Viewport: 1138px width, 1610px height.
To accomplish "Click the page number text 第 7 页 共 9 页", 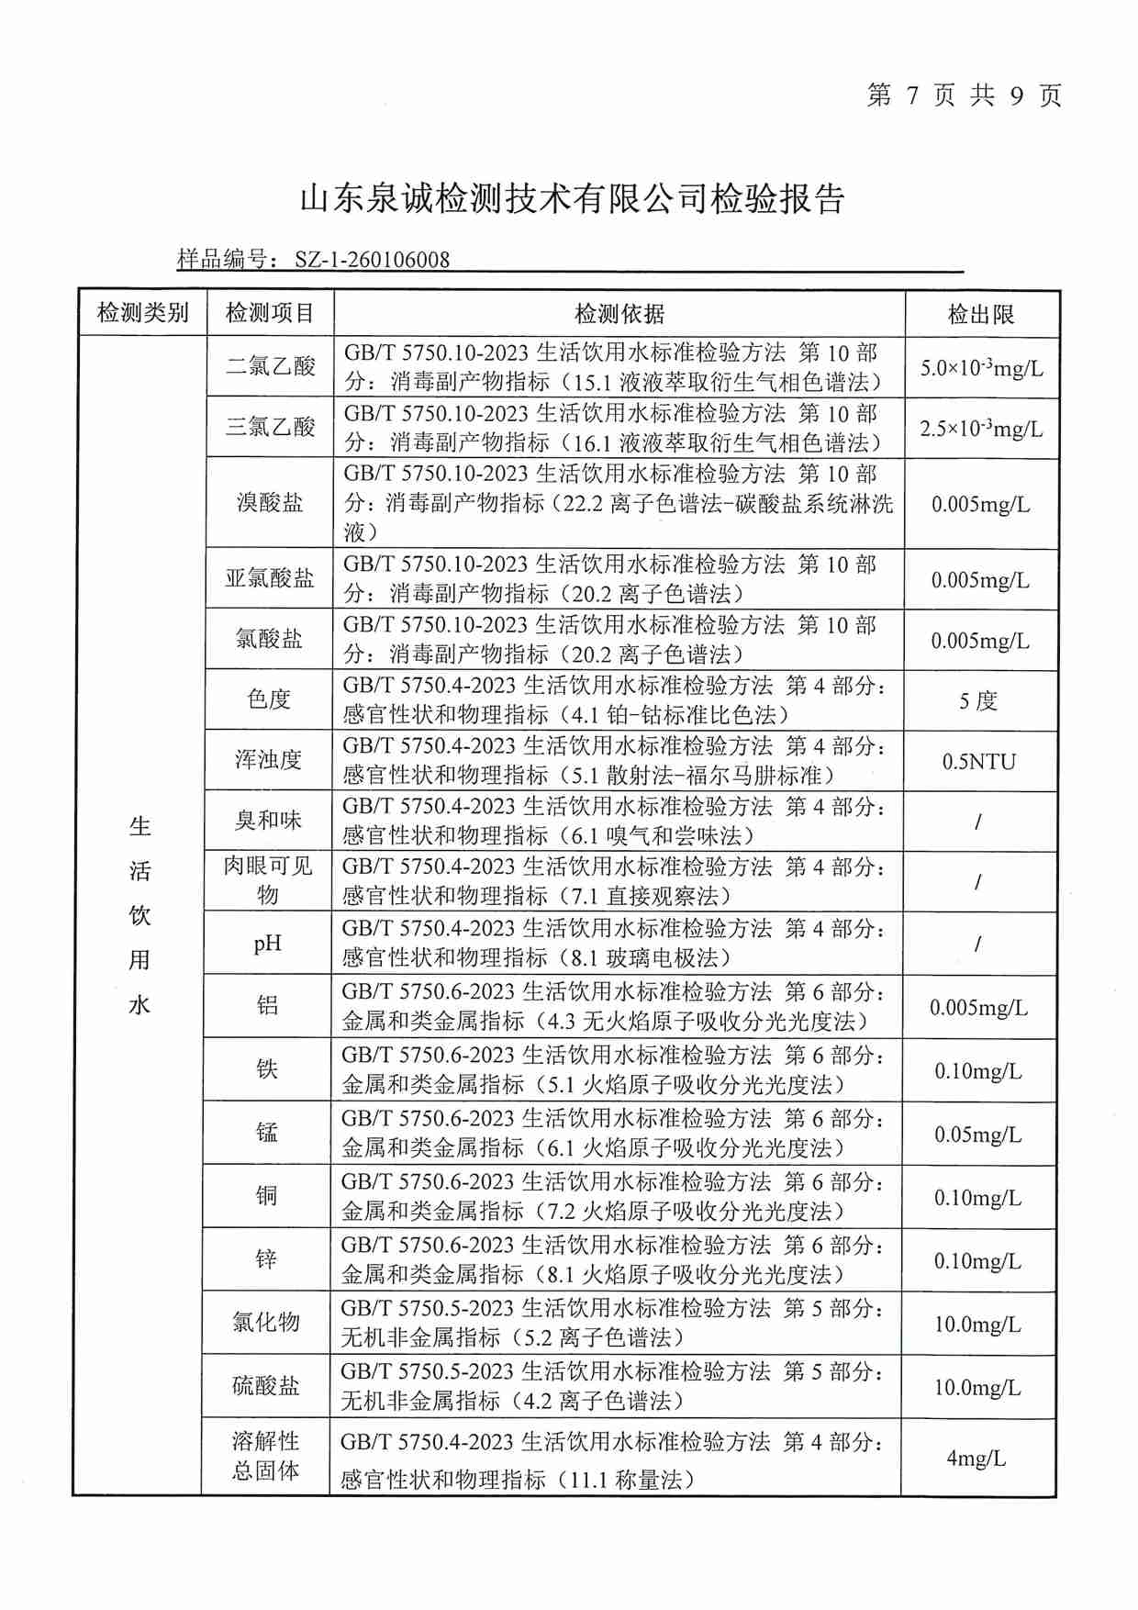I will pyautogui.click(x=964, y=95).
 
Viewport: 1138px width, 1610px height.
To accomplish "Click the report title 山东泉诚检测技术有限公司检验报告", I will pyautogui.click(x=572, y=199).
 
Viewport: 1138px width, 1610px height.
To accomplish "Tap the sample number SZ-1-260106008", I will pyautogui.click(x=372, y=260).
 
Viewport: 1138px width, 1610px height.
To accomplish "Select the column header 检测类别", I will pyautogui.click(x=142, y=314).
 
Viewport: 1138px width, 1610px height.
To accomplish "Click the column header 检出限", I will pyautogui.click(x=981, y=315).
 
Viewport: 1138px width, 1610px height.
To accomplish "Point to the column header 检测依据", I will pyautogui.click(x=619, y=314).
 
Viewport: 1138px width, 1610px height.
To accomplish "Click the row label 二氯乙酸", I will pyautogui.click(x=271, y=366).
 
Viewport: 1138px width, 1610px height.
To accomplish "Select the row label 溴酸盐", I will pyautogui.click(x=270, y=503).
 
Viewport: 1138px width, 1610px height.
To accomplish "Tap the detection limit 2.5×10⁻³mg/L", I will pyautogui.click(x=981, y=429).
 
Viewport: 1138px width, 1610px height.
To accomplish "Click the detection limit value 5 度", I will pyautogui.click(x=978, y=701).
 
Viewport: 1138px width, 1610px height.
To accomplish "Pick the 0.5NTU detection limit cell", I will pyautogui.click(x=979, y=762).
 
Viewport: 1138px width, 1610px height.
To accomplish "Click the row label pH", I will pyautogui.click(x=268, y=944).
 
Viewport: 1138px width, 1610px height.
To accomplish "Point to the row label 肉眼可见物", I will pyautogui.click(x=268, y=880).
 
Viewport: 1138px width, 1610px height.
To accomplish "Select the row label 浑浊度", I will pyautogui.click(x=268, y=760).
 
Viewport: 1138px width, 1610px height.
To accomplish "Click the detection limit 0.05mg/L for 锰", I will pyautogui.click(x=978, y=1135).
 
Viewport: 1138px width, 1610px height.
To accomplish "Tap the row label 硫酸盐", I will pyautogui.click(x=266, y=1386).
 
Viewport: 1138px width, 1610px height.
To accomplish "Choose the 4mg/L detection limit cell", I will pyautogui.click(x=976, y=1459).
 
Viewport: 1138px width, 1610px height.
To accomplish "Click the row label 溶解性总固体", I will pyautogui.click(x=266, y=1457).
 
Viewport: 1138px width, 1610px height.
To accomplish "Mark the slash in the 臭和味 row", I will pyautogui.click(x=978, y=822).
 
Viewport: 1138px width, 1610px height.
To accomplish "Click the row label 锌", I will pyautogui.click(x=266, y=1259).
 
